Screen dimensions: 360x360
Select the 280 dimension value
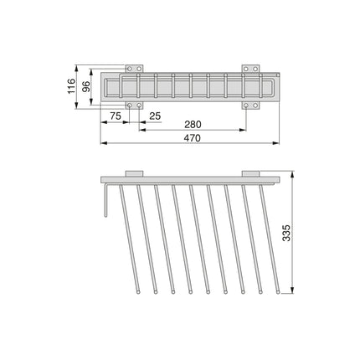point(192,124)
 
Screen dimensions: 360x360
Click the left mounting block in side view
point(134,174)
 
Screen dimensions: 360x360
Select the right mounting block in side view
point(250,174)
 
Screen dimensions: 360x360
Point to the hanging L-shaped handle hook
point(104,201)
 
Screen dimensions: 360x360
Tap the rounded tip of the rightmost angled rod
point(277,294)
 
